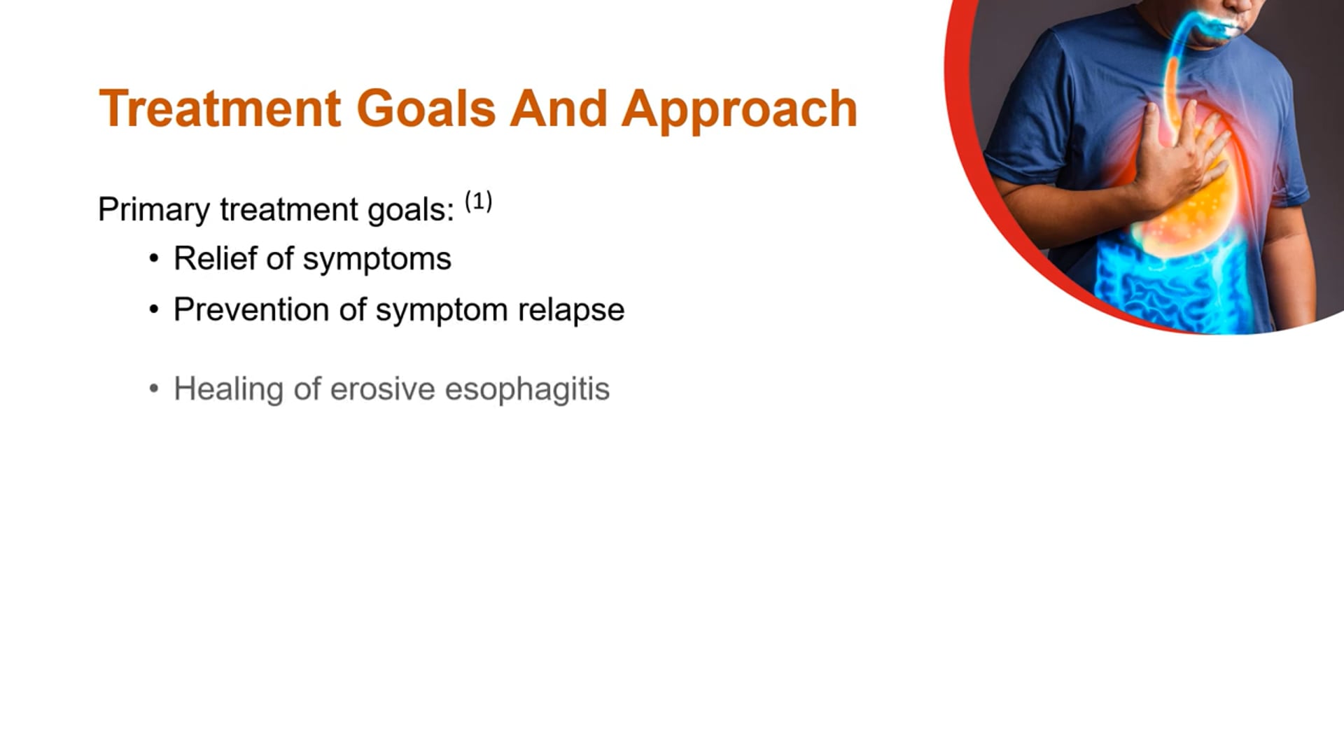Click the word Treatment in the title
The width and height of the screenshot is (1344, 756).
pyautogui.click(x=220, y=109)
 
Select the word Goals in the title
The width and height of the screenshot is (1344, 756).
pyautogui.click(x=426, y=109)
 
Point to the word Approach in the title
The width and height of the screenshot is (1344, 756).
pyautogui.click(x=739, y=111)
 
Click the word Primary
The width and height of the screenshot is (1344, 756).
pyautogui.click(x=153, y=210)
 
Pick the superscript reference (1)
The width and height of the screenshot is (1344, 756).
pyautogui.click(x=479, y=202)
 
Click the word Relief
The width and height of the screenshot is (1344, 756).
pyautogui.click(x=215, y=258)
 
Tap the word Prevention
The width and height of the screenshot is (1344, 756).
pyautogui.click(x=251, y=309)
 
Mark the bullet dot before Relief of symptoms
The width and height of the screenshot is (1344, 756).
pyautogui.click(x=154, y=259)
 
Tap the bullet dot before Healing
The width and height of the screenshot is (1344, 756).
pyautogui.click(x=154, y=388)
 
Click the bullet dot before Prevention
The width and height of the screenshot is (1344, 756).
pyautogui.click(x=154, y=309)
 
